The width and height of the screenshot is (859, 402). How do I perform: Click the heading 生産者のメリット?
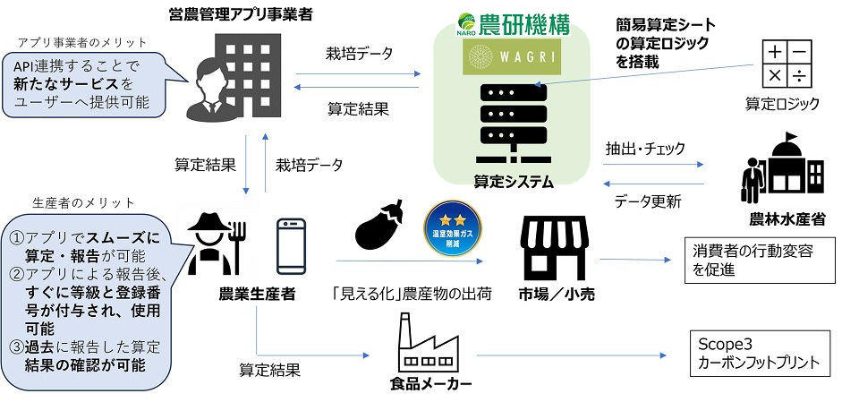click(83, 201)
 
